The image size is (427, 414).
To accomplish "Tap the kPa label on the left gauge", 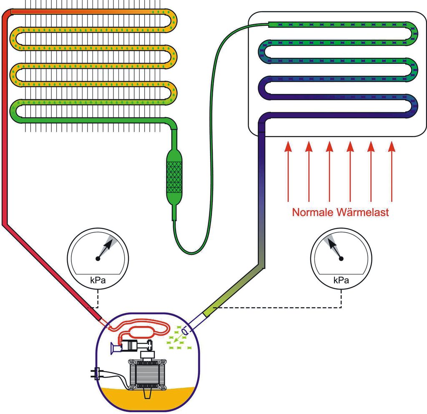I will point(98,281).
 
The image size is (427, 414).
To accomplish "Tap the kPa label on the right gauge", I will point(341,281).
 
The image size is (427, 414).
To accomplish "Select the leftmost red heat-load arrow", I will point(287,171).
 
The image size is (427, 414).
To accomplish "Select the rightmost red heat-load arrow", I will point(391,171).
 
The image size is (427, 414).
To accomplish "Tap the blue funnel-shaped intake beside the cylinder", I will point(113,348).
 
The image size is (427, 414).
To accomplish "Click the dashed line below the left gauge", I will point(98,298).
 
